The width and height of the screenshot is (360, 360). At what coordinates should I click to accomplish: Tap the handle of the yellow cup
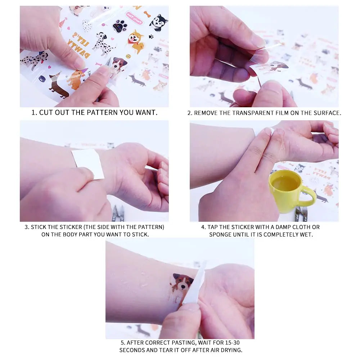309,196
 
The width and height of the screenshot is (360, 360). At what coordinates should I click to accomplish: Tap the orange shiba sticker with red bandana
135,41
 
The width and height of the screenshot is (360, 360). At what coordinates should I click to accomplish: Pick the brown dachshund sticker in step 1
58,86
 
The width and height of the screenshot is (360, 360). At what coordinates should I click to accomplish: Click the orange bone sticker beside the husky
147,14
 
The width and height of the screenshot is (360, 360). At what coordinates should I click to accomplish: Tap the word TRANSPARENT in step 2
243,113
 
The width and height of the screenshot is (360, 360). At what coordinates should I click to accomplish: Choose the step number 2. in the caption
190,113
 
